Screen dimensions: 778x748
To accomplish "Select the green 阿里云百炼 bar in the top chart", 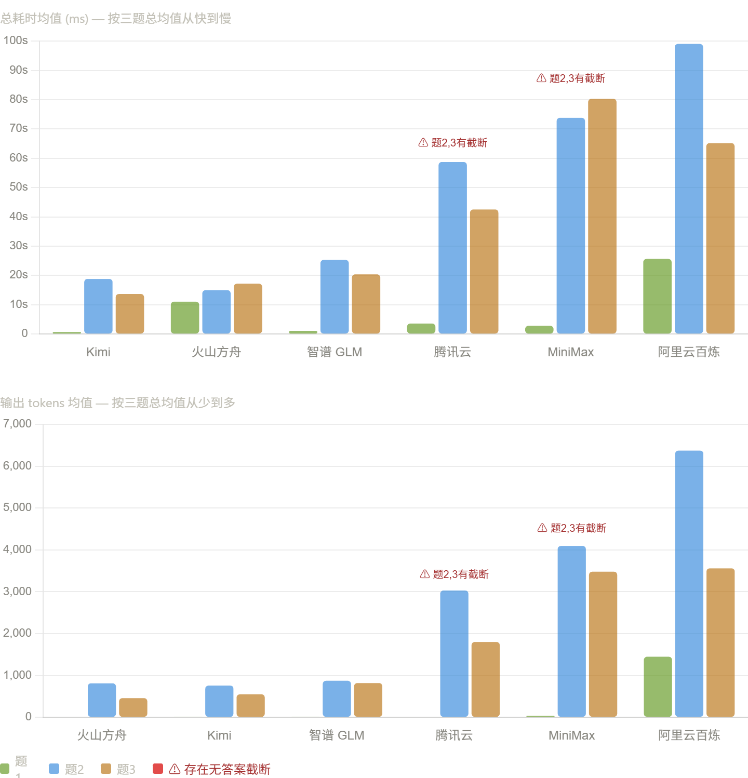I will click(657, 296).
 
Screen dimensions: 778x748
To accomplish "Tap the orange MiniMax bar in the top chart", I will click(602, 216).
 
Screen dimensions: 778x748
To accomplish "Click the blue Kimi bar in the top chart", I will click(98, 306).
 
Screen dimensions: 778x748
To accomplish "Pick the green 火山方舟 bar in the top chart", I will click(185, 317).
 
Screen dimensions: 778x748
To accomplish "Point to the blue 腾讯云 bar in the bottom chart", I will click(454, 654).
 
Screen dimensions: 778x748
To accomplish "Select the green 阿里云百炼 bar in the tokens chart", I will click(658, 687).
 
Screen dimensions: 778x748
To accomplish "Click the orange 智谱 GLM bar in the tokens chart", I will click(368, 700).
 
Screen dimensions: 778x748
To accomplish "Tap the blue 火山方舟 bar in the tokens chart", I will click(102, 700).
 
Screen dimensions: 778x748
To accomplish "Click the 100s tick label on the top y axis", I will click(16, 41).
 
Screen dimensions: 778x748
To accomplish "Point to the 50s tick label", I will click(18, 187).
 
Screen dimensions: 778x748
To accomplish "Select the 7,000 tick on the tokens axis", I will click(17, 424).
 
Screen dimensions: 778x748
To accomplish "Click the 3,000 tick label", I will click(17, 592).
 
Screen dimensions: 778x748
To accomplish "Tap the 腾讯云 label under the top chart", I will click(452, 352).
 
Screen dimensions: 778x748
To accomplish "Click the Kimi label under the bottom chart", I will click(219, 735).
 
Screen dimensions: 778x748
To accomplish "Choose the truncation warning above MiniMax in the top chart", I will click(571, 78).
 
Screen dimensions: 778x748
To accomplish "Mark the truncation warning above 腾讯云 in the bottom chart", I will click(454, 574).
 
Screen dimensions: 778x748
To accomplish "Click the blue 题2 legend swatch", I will click(54, 769).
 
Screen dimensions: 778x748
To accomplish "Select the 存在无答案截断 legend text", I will click(227, 769).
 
